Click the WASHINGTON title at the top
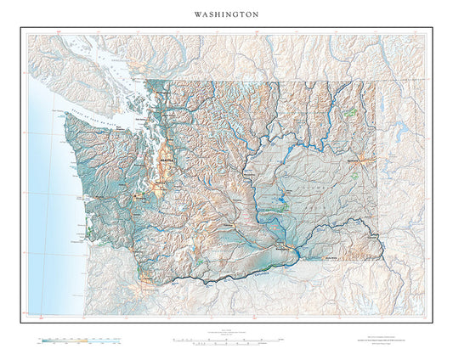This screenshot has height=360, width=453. point(226,14)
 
